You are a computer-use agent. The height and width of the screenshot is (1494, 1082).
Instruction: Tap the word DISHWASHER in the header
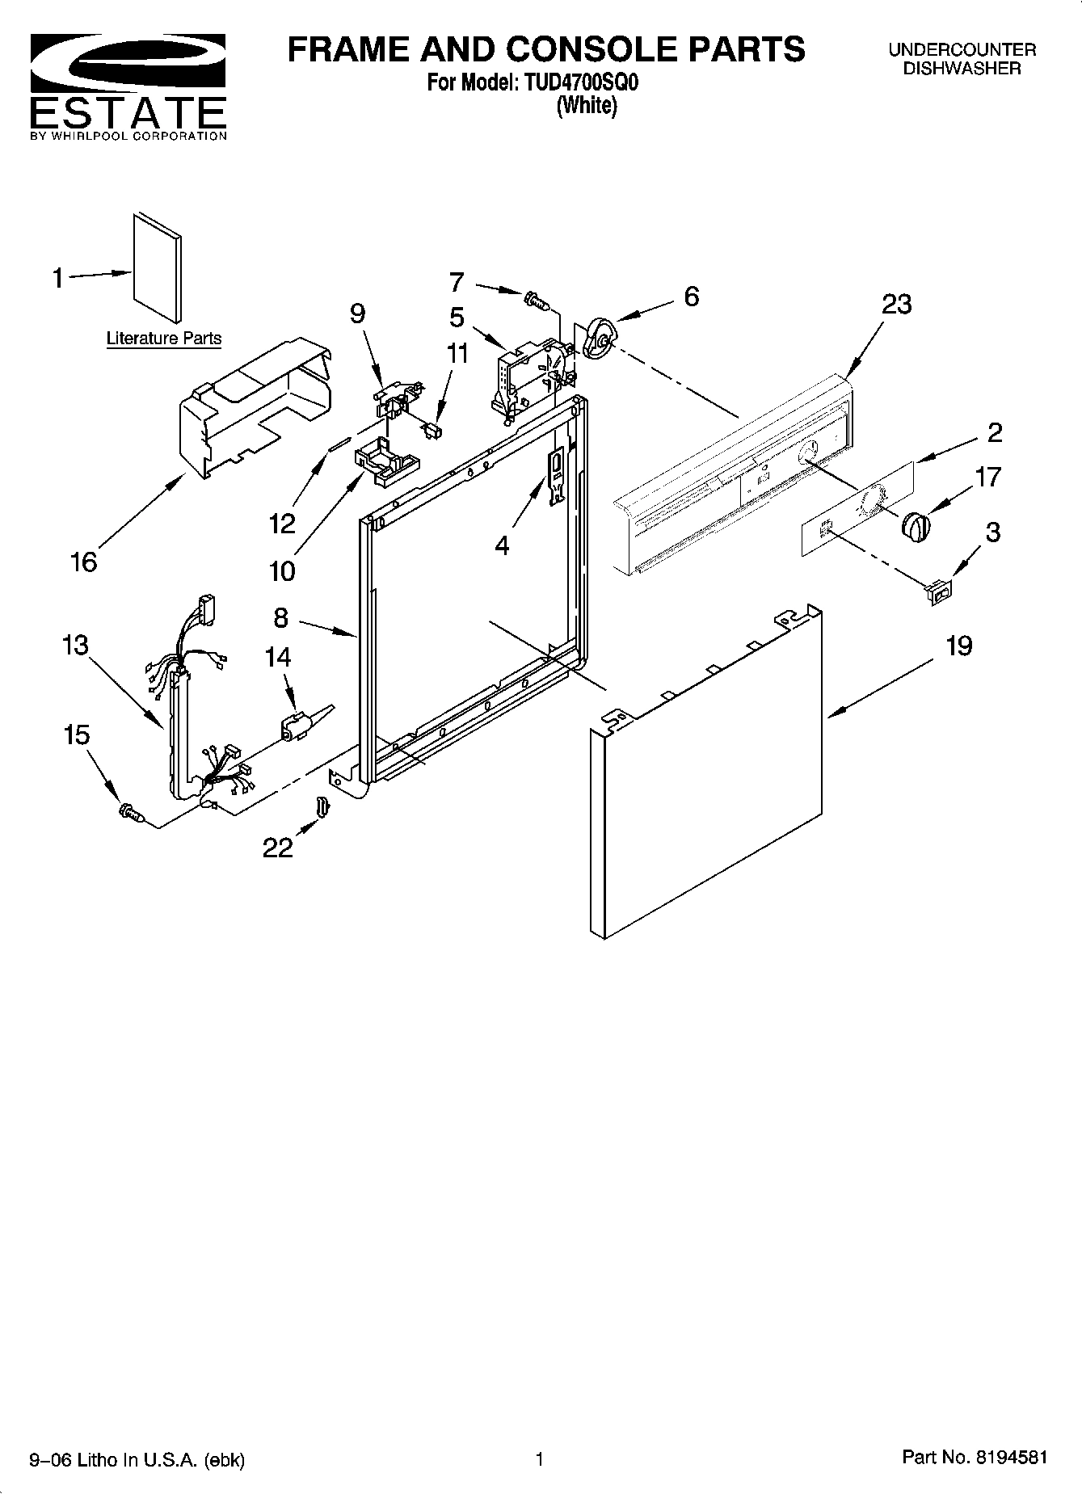click(x=962, y=69)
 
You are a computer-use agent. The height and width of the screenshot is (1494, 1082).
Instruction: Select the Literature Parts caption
click(x=164, y=339)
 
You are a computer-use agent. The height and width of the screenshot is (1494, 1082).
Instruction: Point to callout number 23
click(x=896, y=305)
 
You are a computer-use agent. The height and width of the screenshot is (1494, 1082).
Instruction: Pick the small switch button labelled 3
click(x=941, y=592)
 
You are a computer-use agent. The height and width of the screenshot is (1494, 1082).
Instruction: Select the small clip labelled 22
click(x=322, y=806)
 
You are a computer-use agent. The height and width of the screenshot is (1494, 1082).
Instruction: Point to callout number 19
click(x=959, y=646)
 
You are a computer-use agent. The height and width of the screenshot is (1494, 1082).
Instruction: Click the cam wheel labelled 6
click(x=600, y=338)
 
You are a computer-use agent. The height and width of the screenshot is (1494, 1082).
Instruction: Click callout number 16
click(x=84, y=562)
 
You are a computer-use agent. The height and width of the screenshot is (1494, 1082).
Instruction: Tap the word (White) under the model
click(x=587, y=105)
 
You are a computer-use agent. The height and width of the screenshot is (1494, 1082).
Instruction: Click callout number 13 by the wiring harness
click(x=75, y=646)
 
